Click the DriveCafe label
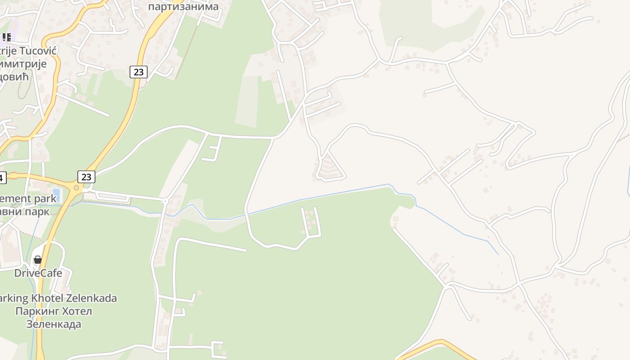[x=38, y=273]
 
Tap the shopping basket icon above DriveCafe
[x=38, y=260]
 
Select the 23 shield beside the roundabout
[x=86, y=177]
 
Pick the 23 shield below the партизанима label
[x=139, y=72]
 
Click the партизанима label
[x=183, y=7]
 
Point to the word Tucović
[x=37, y=50]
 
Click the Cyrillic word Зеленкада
[x=54, y=324]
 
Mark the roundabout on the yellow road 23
[x=76, y=188]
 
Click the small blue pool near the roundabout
[x=56, y=195]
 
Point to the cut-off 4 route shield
[x=2, y=177]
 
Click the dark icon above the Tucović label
[x=6, y=37]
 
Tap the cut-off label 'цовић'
[x=14, y=76]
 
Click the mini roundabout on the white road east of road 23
[x=165, y=201]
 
